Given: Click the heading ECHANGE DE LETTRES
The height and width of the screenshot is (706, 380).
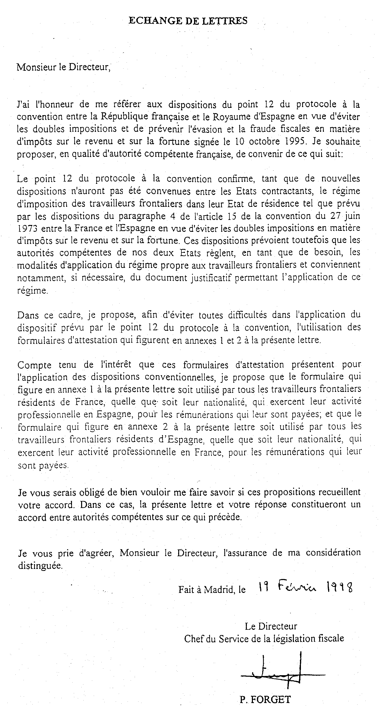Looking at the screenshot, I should (x=188, y=21).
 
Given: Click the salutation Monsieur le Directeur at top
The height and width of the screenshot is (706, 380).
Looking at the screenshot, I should (x=63, y=67).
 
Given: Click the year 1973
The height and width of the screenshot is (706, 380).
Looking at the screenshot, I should (x=27, y=228).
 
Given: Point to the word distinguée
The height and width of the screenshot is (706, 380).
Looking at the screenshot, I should (x=40, y=566).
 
